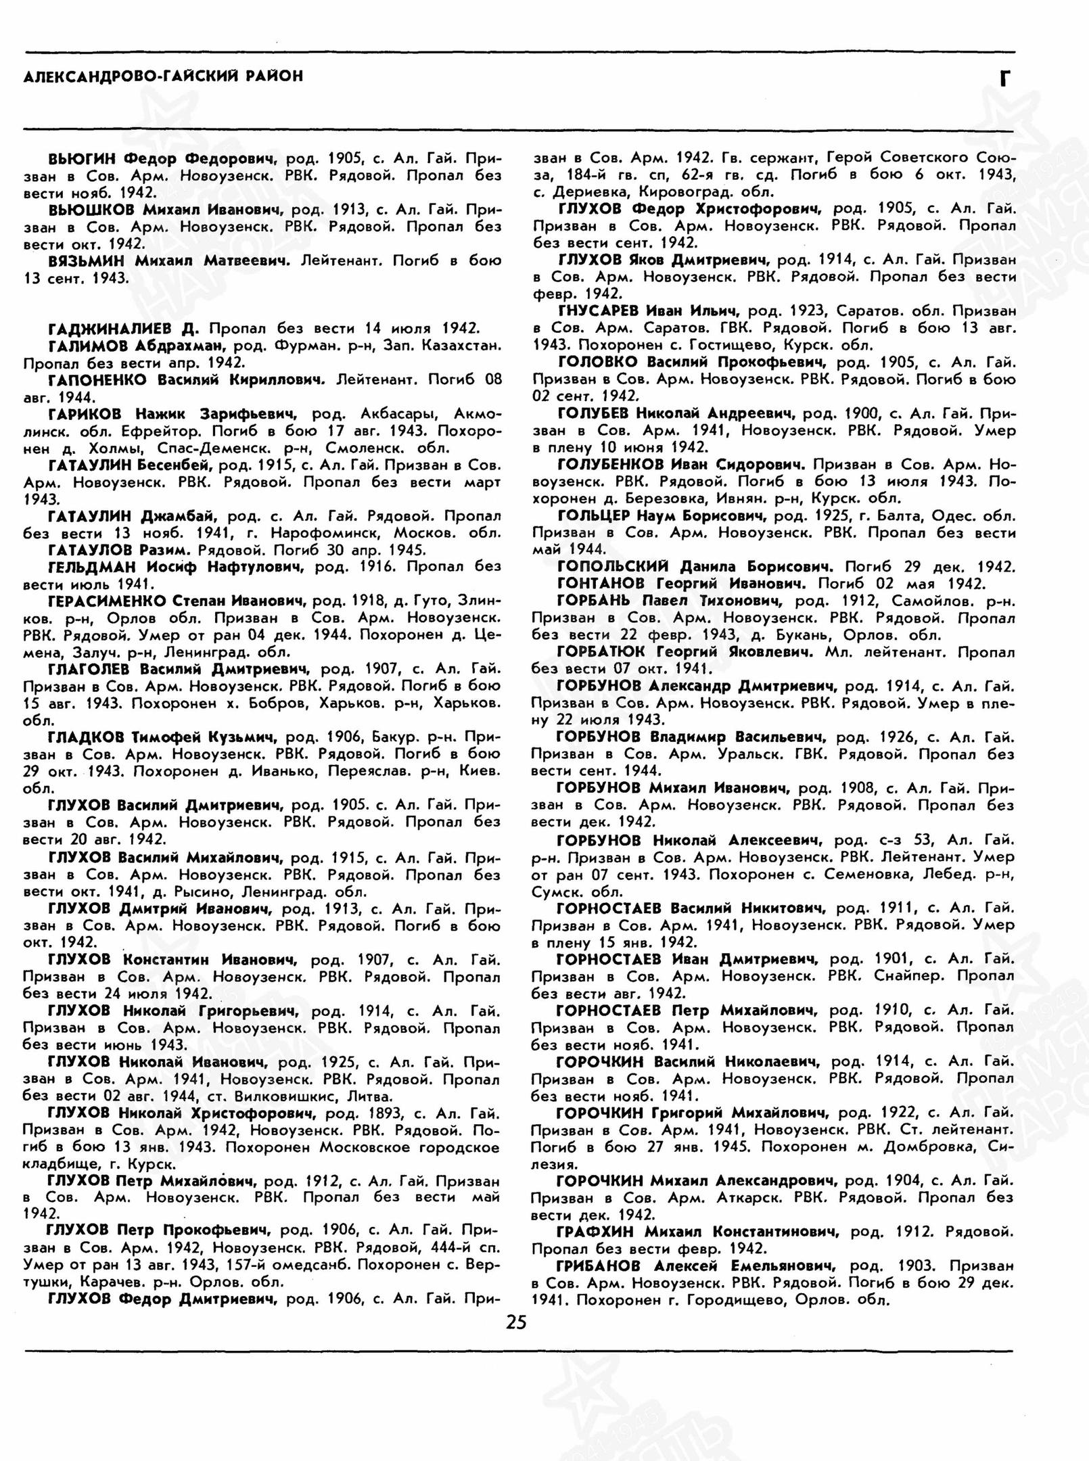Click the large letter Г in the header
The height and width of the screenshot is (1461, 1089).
1006,80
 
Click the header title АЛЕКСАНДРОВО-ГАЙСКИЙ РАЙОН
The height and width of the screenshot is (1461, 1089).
163,76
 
